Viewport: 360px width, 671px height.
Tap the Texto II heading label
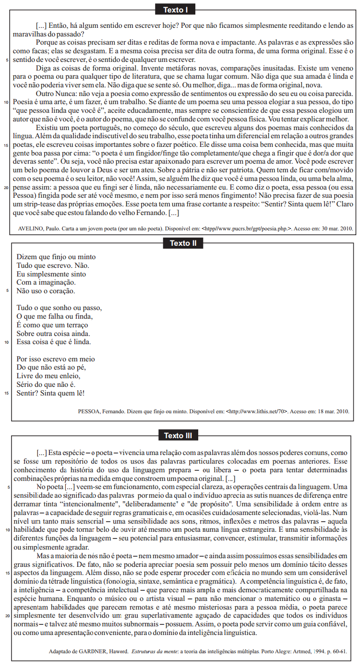[x=183, y=243]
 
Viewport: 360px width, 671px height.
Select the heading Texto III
[x=178, y=436]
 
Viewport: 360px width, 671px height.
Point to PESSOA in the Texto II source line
[x=90, y=411]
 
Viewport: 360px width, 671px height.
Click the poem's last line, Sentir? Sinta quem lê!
[x=50, y=394]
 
